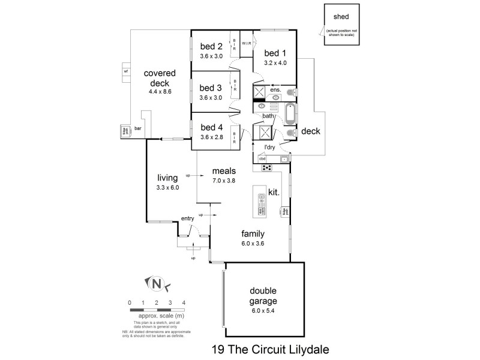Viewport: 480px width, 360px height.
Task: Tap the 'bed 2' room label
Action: click(x=211, y=47)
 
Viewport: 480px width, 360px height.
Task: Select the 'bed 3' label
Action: click(x=211, y=88)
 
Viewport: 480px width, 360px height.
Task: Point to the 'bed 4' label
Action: click(x=212, y=127)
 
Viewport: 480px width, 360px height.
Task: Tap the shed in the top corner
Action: click(x=341, y=23)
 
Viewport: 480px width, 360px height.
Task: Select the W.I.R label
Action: click(x=246, y=44)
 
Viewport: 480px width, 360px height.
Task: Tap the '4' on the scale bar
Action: click(x=184, y=302)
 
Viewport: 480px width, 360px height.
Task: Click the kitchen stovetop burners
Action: click(x=266, y=167)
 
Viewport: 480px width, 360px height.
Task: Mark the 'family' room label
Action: click(x=253, y=234)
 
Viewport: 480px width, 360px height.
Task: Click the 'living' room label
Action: click(x=168, y=178)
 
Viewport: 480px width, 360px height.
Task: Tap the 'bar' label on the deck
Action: click(x=137, y=128)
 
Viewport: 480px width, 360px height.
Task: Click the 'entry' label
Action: click(x=188, y=219)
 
